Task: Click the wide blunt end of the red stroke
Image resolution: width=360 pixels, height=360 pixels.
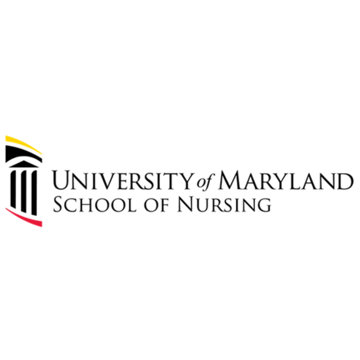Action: pyautogui.click(x=42, y=224)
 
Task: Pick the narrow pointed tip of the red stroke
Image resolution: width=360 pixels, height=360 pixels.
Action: pyautogui.click(x=5, y=208)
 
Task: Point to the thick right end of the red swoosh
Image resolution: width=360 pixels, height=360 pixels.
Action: pyautogui.click(x=42, y=224)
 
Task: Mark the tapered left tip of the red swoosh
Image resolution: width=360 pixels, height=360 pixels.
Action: pyautogui.click(x=5, y=208)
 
